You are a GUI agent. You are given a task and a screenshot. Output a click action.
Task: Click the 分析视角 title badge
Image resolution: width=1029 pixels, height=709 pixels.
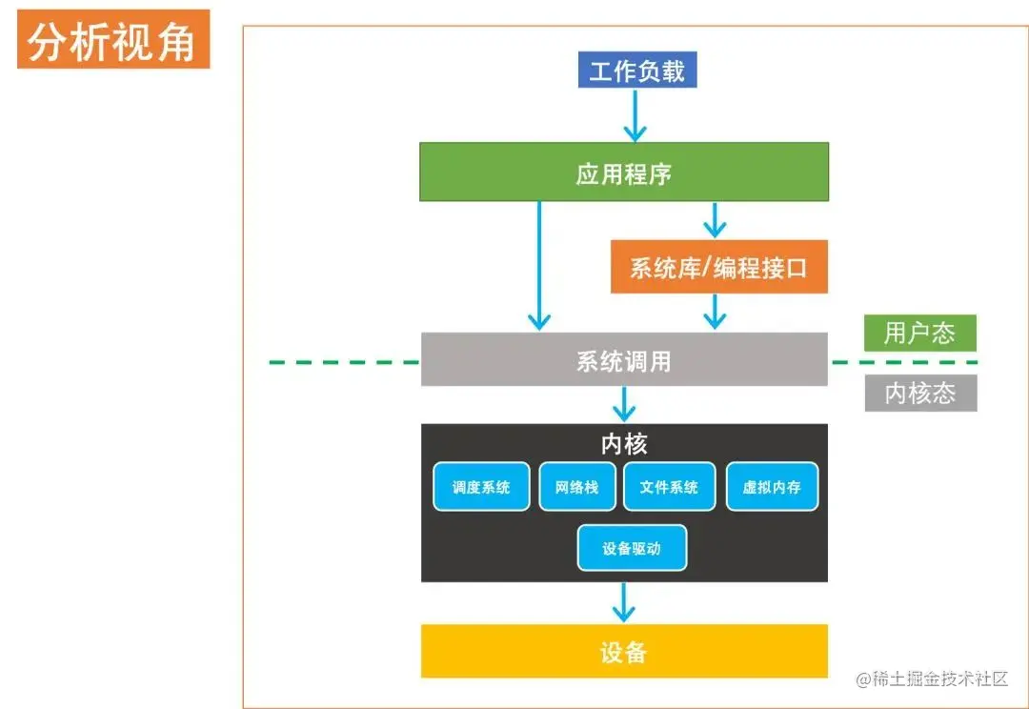(x=112, y=42)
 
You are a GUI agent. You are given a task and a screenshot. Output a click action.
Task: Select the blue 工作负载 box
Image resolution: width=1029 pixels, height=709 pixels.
(x=636, y=71)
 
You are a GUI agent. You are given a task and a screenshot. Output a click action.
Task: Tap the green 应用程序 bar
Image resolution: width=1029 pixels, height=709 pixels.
(x=624, y=172)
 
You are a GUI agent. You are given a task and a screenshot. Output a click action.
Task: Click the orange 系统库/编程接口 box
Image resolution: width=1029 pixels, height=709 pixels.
(x=718, y=267)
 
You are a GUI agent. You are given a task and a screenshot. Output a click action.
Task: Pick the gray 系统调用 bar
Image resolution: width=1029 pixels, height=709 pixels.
(x=624, y=360)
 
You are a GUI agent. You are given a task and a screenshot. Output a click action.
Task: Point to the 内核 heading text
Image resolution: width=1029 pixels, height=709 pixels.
(x=624, y=443)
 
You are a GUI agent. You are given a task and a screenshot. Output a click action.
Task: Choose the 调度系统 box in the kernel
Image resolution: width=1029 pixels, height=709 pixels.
(x=481, y=487)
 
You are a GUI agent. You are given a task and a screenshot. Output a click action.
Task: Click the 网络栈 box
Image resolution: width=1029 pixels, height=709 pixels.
(x=576, y=487)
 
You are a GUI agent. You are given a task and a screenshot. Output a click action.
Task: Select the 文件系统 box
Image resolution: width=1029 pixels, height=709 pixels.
(x=669, y=487)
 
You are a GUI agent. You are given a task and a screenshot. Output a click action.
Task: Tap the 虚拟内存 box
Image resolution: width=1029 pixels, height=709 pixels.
(x=772, y=487)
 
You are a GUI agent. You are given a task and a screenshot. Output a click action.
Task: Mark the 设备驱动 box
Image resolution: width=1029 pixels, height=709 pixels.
(x=632, y=548)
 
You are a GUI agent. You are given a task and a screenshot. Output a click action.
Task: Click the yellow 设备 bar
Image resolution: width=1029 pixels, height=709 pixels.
(x=624, y=652)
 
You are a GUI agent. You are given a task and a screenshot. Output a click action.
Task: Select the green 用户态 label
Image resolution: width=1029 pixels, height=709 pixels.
(x=919, y=333)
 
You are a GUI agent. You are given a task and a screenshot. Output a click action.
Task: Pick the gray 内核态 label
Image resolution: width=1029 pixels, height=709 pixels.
(x=920, y=393)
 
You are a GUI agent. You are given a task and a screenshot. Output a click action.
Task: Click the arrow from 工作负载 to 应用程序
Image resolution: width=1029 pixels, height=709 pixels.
(x=635, y=115)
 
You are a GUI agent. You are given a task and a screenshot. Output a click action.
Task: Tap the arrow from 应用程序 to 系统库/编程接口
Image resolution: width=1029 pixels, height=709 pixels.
(x=714, y=219)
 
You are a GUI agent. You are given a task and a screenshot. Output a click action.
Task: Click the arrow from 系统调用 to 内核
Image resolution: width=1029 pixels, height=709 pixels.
(x=624, y=404)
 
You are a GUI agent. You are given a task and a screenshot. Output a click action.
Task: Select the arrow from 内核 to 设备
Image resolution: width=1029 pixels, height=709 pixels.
(x=624, y=602)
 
